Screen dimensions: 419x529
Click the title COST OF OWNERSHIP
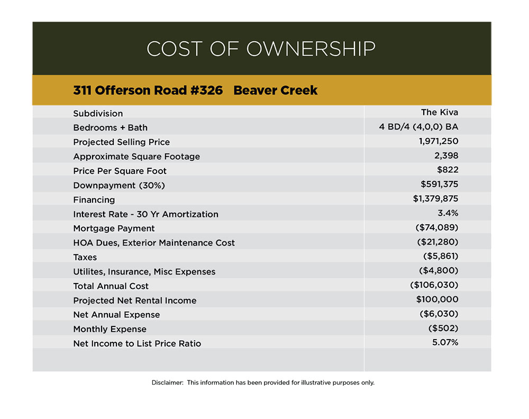[x=261, y=49]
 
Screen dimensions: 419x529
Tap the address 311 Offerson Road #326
[x=148, y=90]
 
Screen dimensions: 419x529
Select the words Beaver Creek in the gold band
[x=275, y=90]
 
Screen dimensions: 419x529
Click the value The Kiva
[x=439, y=112]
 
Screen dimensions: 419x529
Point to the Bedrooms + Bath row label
[x=110, y=127]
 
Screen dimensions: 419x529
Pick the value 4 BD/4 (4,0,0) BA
[x=418, y=127]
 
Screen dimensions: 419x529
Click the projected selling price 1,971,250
[x=438, y=141]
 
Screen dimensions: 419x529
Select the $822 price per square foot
[x=447, y=170]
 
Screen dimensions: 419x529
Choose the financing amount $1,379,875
[x=435, y=198]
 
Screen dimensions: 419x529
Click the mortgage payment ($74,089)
[x=437, y=227]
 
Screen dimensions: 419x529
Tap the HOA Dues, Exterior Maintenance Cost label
[x=154, y=243]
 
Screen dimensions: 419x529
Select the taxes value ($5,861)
[x=441, y=256]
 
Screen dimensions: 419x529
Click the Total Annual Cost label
[x=111, y=286]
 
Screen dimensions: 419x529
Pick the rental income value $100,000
[x=437, y=299]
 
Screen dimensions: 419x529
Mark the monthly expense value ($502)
[x=443, y=328]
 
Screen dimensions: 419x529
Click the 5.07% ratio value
[x=445, y=342]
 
